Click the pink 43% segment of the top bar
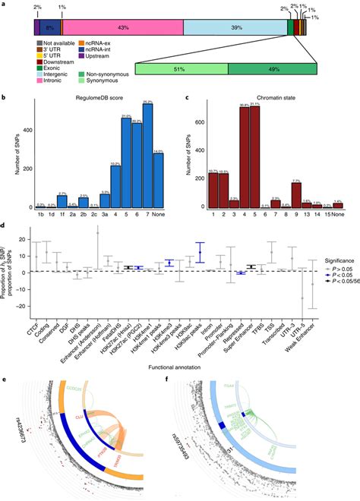coord(143,27)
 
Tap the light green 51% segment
coord(182,68)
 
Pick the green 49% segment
coord(273,68)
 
